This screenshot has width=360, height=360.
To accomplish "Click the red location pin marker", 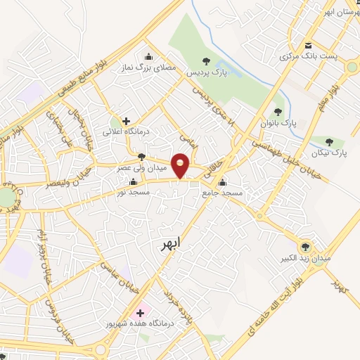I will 181,165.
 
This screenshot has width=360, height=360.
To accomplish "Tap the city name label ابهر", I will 166,243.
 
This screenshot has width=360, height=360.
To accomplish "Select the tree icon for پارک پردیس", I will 205,61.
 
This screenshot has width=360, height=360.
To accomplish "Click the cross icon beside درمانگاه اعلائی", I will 126,121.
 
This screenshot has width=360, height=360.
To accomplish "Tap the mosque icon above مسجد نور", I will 133,182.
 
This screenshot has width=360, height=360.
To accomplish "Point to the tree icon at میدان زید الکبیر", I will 305,246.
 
